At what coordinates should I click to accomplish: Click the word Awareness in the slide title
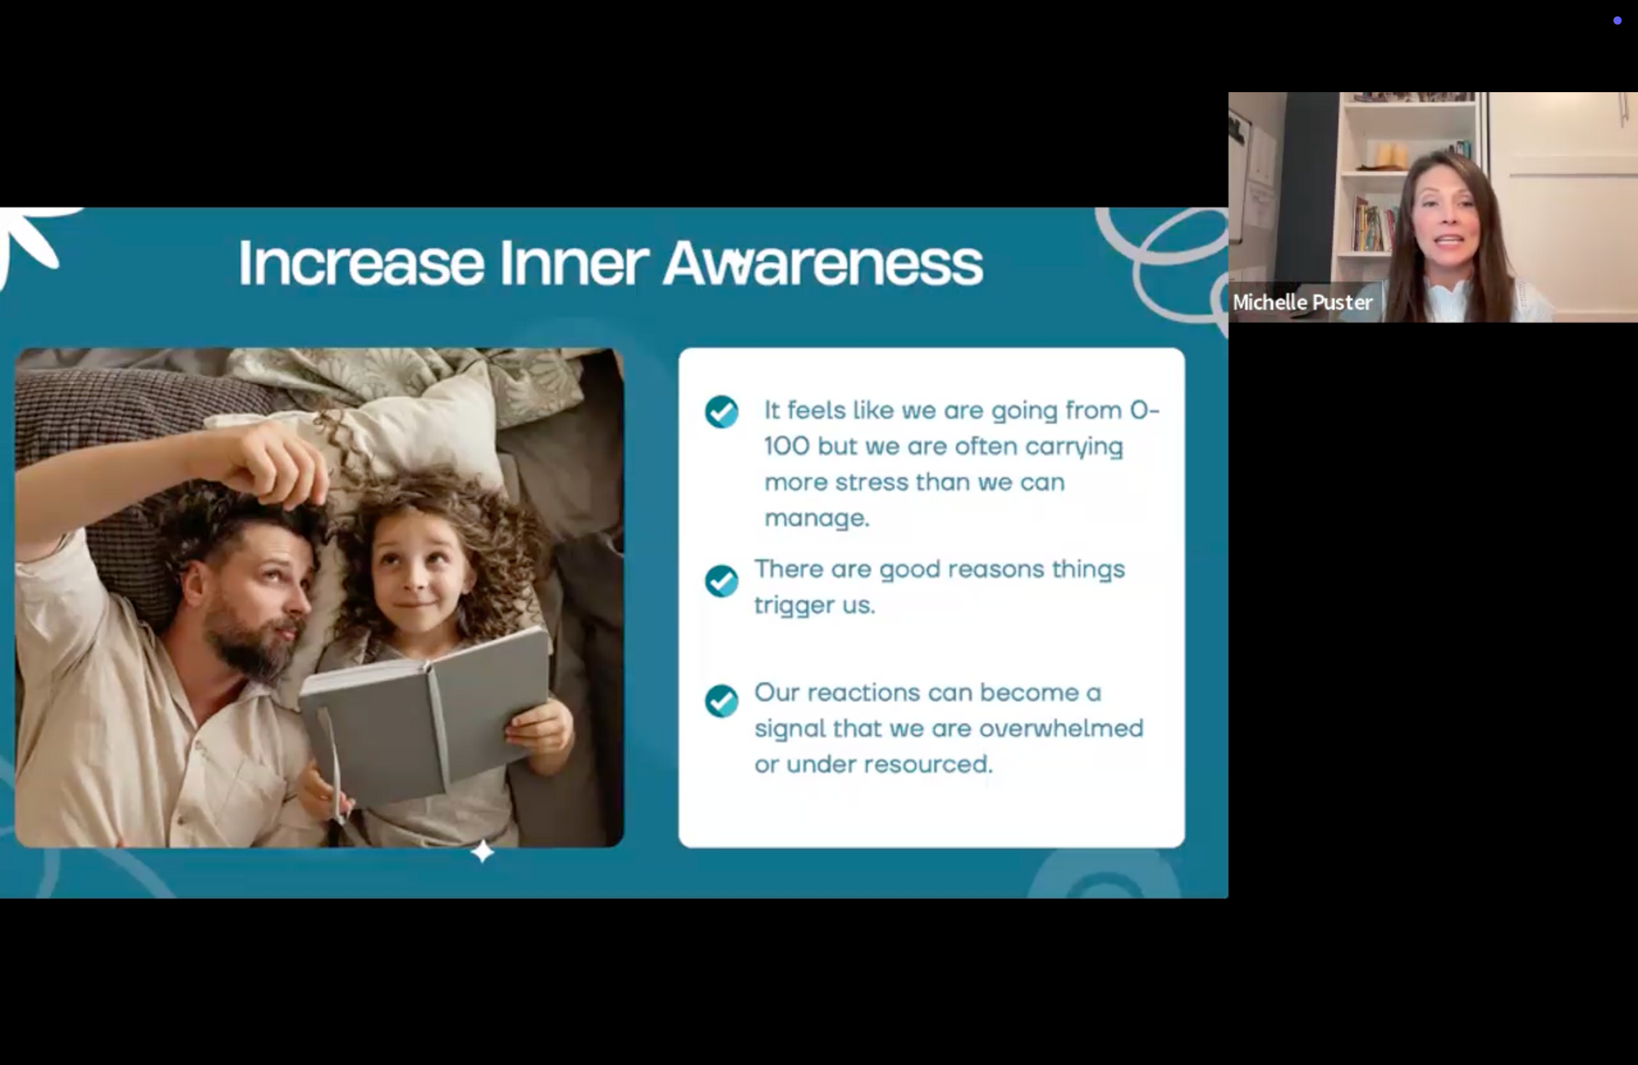point(823,263)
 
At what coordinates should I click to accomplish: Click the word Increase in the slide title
point(362,263)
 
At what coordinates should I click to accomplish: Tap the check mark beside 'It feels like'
point(722,411)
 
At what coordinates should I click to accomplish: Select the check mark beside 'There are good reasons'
point(722,580)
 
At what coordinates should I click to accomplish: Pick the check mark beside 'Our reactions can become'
point(722,701)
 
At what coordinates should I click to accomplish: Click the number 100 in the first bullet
point(787,446)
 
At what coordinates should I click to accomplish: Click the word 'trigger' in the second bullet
point(793,606)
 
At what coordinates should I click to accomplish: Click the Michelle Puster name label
point(1303,302)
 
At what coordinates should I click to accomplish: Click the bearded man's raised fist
point(272,466)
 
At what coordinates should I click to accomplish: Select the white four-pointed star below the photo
point(483,851)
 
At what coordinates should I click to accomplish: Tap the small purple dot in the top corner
point(1617,20)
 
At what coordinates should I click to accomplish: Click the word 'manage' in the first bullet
point(816,519)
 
